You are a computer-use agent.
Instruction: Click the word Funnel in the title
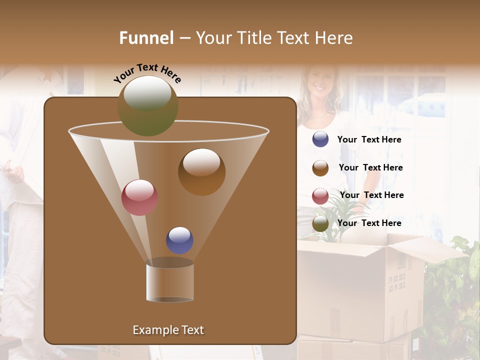[146, 38]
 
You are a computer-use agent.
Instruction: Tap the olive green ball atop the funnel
[148, 105]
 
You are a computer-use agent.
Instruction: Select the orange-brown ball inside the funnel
[201, 171]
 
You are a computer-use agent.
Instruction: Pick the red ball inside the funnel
[139, 197]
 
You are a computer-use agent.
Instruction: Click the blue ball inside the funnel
[179, 240]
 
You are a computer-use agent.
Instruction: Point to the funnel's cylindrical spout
[170, 282]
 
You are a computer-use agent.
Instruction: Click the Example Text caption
[168, 330]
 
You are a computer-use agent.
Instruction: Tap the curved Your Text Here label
[147, 73]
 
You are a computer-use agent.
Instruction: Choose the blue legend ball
[320, 139]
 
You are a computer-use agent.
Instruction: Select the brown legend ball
[320, 168]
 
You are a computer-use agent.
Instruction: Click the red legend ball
[320, 196]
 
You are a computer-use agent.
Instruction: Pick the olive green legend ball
[320, 223]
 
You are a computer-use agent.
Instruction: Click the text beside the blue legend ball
[369, 140]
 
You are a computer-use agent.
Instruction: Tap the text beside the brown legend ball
[370, 168]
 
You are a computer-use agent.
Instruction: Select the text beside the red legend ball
[371, 195]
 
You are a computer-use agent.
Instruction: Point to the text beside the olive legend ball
[369, 223]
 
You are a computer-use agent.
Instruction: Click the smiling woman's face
[318, 80]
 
